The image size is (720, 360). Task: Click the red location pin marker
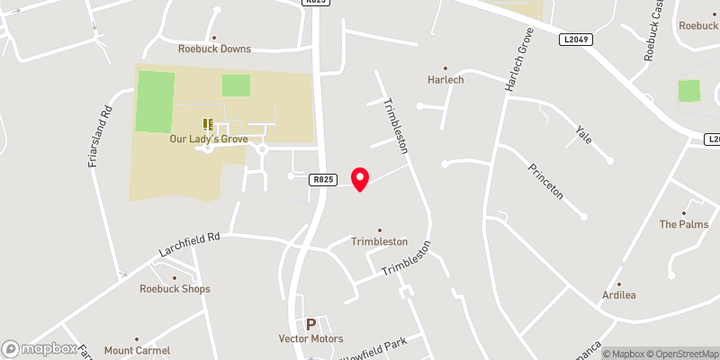360,178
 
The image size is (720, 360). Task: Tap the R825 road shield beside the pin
324,180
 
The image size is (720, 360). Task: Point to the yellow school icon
208,124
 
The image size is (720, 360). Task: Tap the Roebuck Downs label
214,49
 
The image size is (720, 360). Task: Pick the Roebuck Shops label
175,289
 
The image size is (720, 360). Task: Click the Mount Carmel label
137,350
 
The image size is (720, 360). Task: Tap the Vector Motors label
310,338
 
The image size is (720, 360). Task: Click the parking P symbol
311,324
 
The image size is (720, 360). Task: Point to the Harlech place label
445,79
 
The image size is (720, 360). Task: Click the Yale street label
582,134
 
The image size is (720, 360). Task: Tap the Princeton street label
546,179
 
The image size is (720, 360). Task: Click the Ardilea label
620,295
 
